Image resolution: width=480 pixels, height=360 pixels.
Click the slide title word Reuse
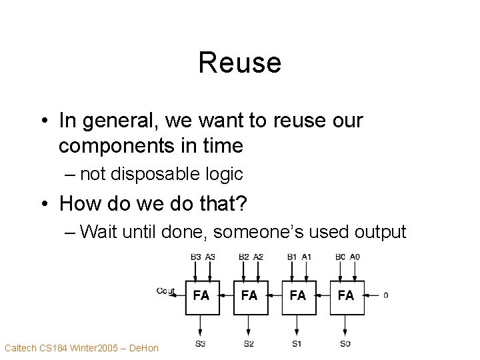(239, 63)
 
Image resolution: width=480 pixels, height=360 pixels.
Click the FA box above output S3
(201, 294)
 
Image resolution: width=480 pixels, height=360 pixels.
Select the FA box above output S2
(249, 294)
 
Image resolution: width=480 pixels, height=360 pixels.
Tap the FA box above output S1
(298, 294)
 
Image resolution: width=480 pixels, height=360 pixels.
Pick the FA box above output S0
(346, 294)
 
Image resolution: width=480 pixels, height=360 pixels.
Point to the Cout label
(166, 290)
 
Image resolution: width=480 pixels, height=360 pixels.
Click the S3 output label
(201, 343)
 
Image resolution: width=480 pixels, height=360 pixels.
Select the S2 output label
(249, 343)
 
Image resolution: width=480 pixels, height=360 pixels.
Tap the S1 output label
(298, 343)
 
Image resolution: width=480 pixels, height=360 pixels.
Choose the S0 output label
(346, 343)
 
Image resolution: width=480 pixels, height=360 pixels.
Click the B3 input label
(195, 256)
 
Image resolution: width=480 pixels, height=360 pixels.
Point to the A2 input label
(258, 256)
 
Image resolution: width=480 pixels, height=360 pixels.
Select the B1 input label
(292, 256)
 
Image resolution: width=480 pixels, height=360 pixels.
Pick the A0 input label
(355, 256)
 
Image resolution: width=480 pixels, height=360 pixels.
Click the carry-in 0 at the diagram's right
(386, 295)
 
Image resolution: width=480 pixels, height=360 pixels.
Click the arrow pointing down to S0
(346, 325)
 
